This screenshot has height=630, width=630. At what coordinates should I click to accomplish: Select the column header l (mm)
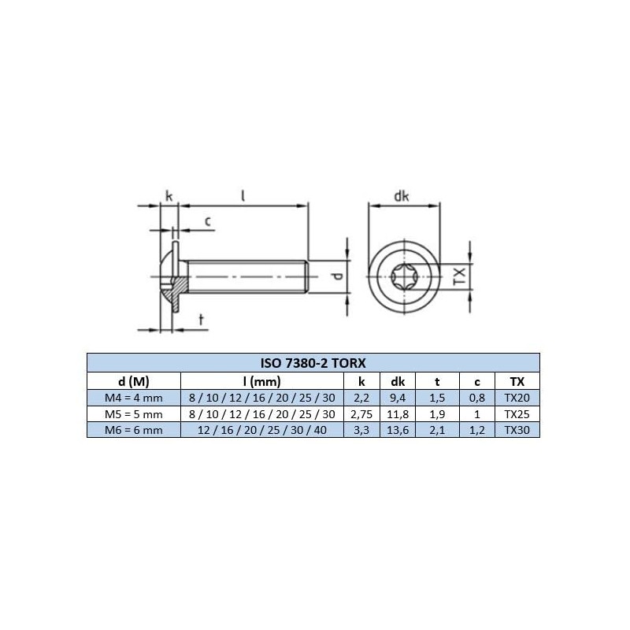point(259,382)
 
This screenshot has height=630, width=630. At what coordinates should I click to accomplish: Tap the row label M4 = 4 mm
point(133,398)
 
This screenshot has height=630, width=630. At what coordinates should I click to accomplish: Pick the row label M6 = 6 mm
point(133,429)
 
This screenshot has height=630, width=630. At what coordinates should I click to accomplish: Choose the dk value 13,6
point(398,429)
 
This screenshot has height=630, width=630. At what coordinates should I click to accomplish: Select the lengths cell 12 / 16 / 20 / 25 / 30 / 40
point(259,429)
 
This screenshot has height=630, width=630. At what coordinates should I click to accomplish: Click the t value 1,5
point(438,398)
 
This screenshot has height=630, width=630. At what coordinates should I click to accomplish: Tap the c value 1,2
point(478,429)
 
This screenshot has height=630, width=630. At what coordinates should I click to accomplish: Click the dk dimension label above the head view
point(402,197)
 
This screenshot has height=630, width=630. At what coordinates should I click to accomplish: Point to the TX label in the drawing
point(460,275)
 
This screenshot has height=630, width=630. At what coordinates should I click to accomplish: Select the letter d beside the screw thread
point(335,276)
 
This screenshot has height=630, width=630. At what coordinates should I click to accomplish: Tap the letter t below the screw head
point(201,319)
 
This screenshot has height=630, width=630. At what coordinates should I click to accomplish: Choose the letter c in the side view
point(207,221)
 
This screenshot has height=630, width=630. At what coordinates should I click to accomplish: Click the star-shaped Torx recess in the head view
point(402,276)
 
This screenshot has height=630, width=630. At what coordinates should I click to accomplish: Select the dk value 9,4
point(398,398)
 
